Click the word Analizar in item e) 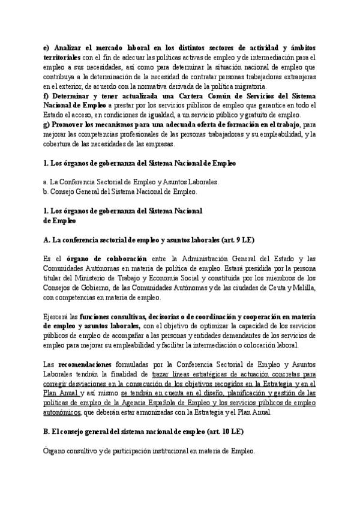click(72, 47)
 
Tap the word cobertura click(59, 143)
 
